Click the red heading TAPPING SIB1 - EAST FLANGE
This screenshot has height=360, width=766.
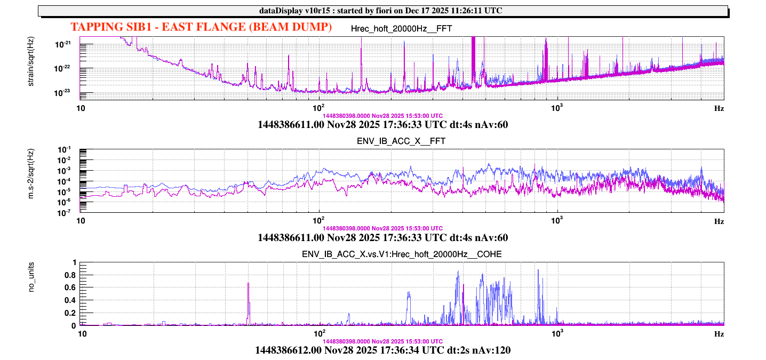[202, 27]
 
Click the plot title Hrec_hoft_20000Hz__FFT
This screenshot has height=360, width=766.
[402, 28]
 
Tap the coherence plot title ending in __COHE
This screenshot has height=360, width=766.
[402, 254]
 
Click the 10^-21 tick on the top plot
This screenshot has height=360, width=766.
[67, 44]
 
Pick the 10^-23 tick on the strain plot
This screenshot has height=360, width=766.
[67, 92]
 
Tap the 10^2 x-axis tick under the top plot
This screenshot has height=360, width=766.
[319, 107]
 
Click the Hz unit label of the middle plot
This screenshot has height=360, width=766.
[719, 221]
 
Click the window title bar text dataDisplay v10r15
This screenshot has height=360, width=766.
[382, 10]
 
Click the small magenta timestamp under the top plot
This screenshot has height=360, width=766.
[382, 115]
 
